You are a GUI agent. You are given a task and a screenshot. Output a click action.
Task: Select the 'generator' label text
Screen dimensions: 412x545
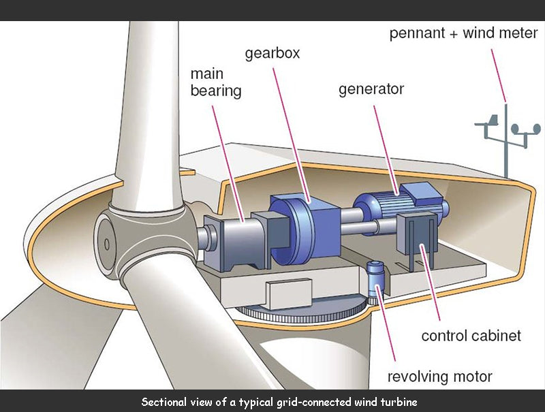tap(371, 89)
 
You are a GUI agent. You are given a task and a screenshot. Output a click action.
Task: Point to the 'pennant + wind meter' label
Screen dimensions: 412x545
tap(463, 33)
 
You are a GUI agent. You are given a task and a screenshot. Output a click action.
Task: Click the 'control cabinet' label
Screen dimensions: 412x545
tap(471, 335)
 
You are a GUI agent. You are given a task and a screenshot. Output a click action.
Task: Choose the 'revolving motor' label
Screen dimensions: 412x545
tap(439, 377)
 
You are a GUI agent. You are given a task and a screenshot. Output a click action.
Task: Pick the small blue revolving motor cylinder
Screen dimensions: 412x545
tap(374, 279)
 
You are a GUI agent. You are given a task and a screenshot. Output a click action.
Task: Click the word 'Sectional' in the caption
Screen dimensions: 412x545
tap(164, 402)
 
